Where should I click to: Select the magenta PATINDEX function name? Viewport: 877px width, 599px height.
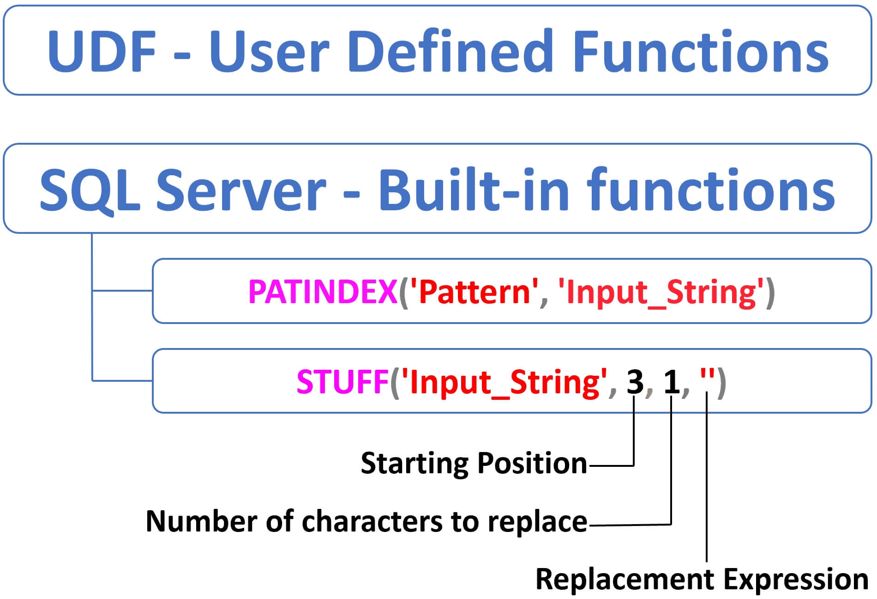click(323, 292)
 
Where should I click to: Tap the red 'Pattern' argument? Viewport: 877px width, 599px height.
click(474, 292)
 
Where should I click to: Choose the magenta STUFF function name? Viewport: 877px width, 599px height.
click(342, 382)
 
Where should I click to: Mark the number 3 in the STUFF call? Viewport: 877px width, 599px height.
click(635, 382)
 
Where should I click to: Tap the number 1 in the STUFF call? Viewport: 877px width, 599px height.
click(672, 382)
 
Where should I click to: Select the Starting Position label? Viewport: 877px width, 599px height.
click(474, 464)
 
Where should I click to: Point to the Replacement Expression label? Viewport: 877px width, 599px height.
click(702, 580)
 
